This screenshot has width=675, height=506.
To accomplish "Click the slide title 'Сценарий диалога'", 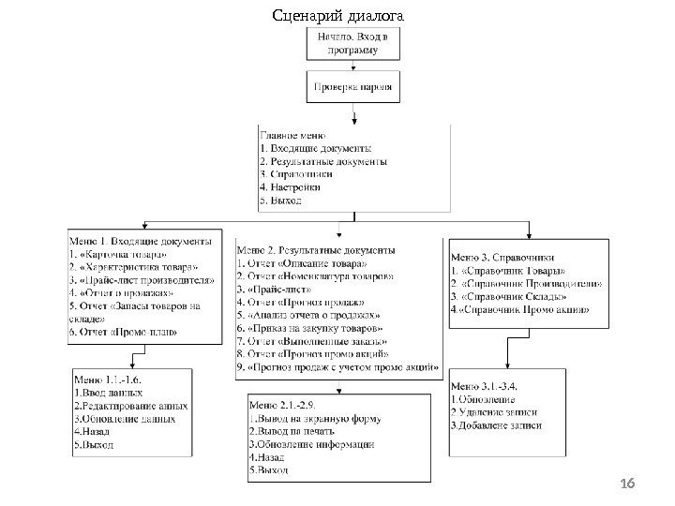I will pyautogui.click(x=337, y=16).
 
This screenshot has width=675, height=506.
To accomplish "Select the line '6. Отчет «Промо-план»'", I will pyautogui.click(x=123, y=332).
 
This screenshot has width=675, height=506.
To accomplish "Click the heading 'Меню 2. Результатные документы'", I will pyautogui.click(x=316, y=250).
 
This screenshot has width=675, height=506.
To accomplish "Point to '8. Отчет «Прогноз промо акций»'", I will pyautogui.click(x=313, y=356).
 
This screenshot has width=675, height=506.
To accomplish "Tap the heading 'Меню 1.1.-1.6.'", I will pyautogui.click(x=110, y=380).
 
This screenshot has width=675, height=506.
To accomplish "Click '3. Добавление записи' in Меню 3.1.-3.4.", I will pyautogui.click(x=499, y=425).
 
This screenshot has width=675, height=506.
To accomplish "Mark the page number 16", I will pyautogui.click(x=628, y=483).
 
